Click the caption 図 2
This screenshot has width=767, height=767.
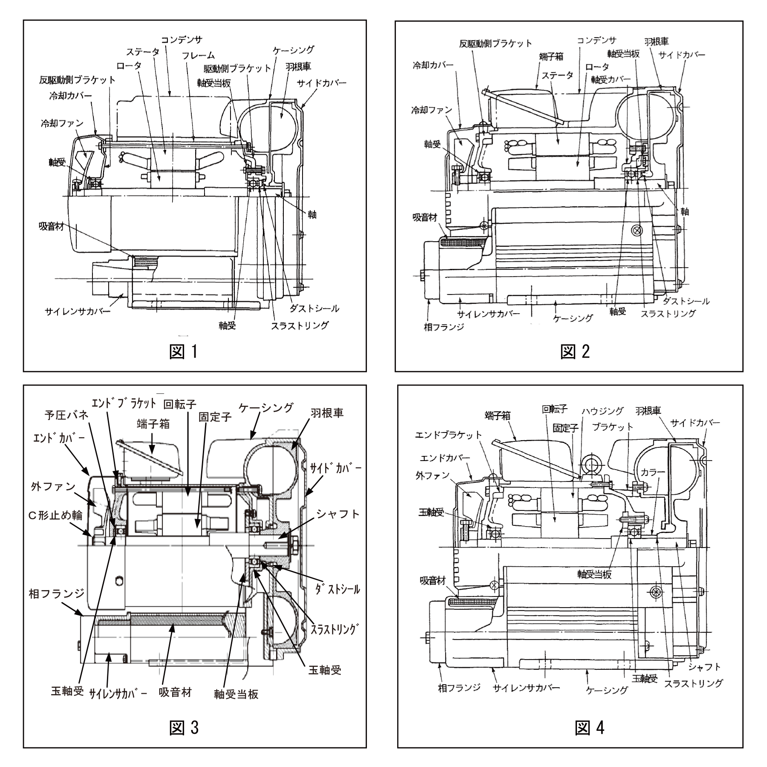575,352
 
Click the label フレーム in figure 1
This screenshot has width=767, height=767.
198,56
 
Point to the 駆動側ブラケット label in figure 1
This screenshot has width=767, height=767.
237,68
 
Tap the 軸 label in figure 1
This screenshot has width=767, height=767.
312,214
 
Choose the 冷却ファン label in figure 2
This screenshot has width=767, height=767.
432,110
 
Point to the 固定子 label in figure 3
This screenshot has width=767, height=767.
215,417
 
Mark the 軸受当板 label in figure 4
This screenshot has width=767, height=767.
594,574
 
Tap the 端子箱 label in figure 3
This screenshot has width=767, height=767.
153,424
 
